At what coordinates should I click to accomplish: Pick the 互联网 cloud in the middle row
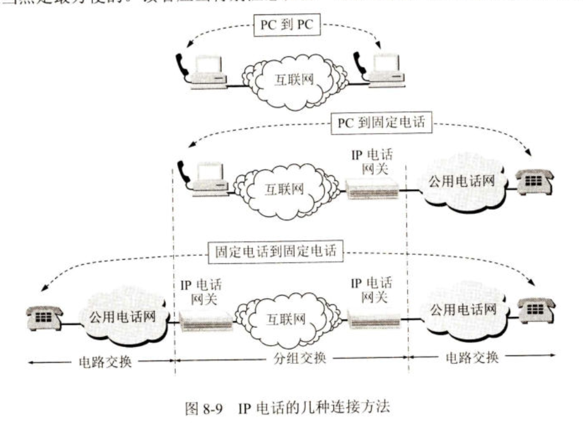[283, 187]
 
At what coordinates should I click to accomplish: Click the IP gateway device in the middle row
[374, 190]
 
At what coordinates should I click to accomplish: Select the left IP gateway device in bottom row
[206, 321]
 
